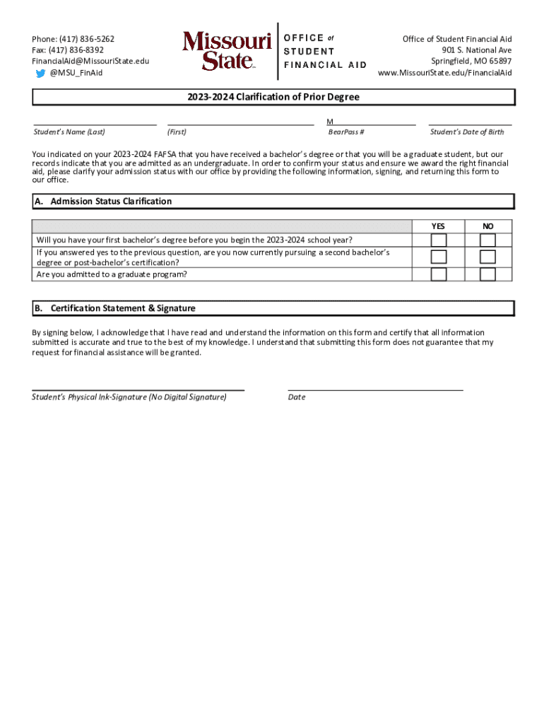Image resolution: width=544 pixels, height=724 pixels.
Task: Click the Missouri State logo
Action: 227,50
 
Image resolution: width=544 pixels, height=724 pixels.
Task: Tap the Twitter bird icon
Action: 41,73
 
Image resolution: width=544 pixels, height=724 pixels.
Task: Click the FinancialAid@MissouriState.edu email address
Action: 90,62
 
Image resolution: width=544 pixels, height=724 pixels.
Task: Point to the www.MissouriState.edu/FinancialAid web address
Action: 444,73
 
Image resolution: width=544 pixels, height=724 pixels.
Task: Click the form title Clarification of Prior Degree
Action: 273,98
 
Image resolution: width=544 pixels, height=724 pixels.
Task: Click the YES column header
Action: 438,226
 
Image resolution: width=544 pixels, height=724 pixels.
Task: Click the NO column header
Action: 487,226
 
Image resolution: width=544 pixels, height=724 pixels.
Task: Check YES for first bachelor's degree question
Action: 439,240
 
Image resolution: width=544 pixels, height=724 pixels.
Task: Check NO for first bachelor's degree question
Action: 487,240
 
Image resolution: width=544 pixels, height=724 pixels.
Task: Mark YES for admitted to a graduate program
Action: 439,274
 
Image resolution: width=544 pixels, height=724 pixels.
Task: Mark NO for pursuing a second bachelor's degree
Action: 487,257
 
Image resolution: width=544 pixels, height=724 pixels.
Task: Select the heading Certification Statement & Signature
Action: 123,308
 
